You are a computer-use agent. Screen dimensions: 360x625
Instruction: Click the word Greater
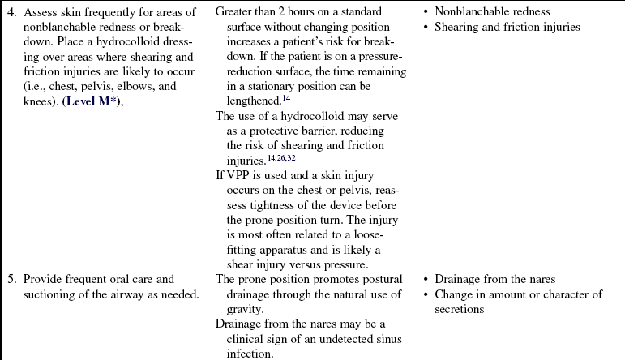pos(237,12)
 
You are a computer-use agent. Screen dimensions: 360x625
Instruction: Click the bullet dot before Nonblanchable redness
pos(427,12)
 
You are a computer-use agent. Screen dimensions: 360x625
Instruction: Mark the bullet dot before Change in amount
pos(427,294)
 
